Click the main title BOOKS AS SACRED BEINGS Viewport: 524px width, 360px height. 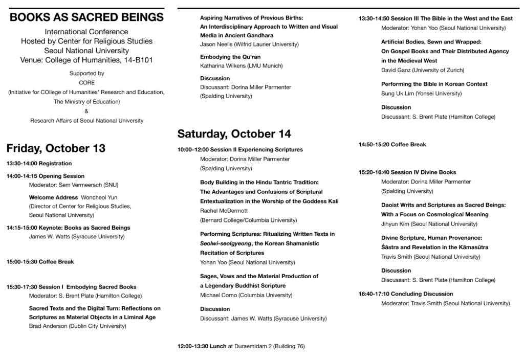click(86, 17)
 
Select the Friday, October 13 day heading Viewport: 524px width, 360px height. click(56, 148)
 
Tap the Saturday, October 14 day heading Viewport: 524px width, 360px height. click(234, 134)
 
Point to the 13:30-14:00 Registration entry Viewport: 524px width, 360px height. click(39, 164)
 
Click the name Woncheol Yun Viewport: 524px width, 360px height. click(99, 197)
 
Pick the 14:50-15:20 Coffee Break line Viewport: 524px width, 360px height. click(392, 145)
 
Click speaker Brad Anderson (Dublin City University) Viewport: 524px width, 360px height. click(77, 326)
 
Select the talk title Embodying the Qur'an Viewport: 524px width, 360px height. click(230, 57)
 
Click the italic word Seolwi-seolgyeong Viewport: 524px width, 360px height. click(224, 243)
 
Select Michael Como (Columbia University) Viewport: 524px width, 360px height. click(246, 295)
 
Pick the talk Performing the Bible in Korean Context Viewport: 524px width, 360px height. click(434, 84)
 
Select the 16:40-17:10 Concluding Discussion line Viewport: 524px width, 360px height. click(406, 294)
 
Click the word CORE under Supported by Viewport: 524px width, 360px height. click(86, 83)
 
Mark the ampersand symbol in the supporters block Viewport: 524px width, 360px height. click(86, 111)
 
